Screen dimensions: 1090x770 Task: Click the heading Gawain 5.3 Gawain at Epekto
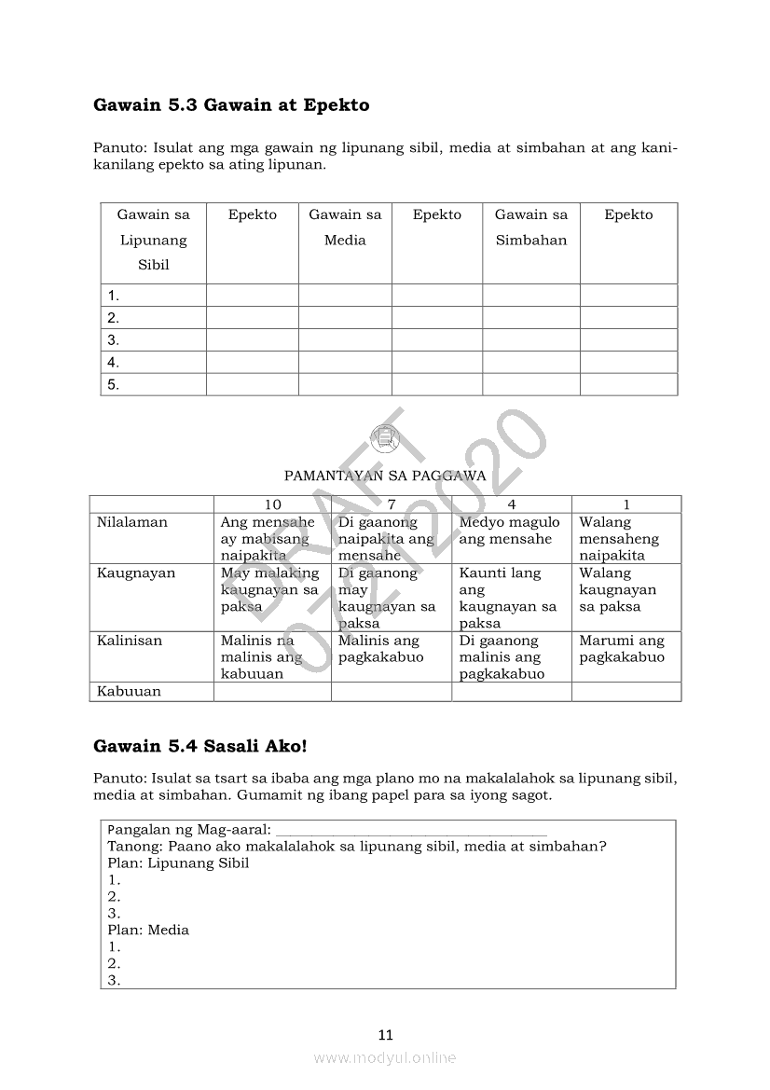tap(231, 105)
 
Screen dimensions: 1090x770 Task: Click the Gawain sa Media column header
tap(345, 228)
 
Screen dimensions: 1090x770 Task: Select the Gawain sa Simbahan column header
tap(530, 228)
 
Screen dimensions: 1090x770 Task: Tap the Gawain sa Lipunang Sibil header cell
tap(153, 240)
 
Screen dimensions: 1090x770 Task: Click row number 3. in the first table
tap(114, 340)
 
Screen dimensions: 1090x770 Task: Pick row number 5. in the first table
tap(114, 384)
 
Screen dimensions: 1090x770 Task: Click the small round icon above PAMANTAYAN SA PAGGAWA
tap(384, 436)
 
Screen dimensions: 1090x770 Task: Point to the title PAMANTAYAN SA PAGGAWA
tap(384, 476)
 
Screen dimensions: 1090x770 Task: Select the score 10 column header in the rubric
tap(272, 504)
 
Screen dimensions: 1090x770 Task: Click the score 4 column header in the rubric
tap(512, 504)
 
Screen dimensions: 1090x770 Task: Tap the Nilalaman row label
tap(132, 522)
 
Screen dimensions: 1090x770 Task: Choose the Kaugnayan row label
tap(136, 573)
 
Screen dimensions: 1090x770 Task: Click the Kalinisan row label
tap(130, 641)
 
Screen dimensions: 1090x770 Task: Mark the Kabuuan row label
tap(129, 692)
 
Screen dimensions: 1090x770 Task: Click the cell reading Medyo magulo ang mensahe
tap(509, 531)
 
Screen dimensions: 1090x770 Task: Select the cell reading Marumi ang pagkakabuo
tap(622, 649)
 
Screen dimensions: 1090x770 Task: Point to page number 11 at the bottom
tap(386, 1034)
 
